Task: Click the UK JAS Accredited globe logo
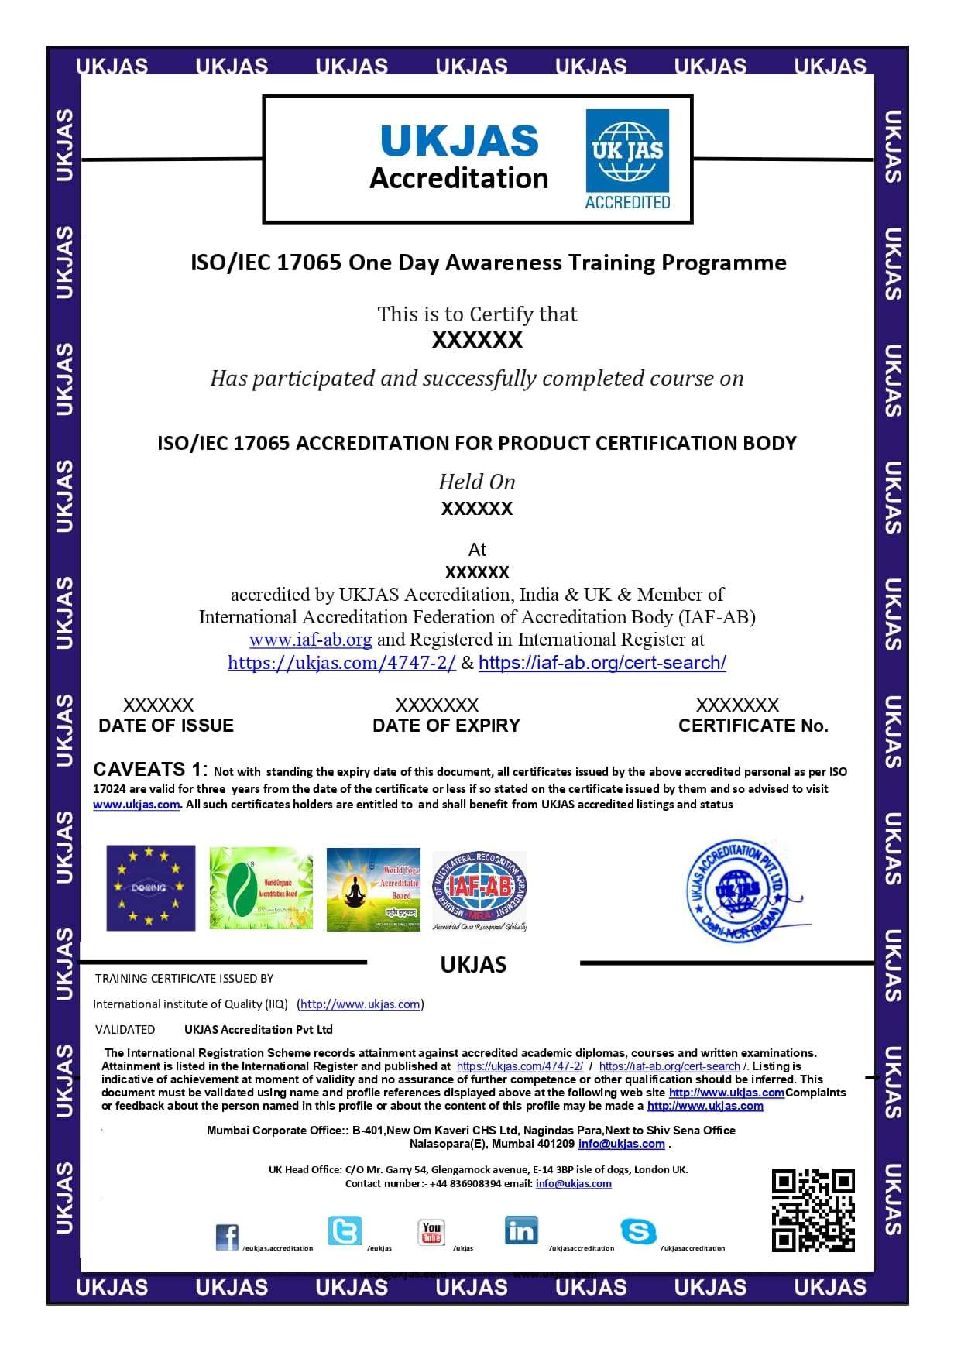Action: (627, 159)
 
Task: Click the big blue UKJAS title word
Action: (459, 141)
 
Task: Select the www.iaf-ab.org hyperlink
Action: (311, 640)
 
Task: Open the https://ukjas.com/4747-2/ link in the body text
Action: (341, 663)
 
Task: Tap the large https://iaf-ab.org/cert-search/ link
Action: (602, 663)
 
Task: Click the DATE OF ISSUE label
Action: (166, 726)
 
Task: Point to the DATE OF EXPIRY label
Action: (446, 726)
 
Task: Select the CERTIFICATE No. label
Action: (753, 726)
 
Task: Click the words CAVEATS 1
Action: (149, 769)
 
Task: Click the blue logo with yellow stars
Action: (150, 887)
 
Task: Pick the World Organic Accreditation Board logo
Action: (261, 888)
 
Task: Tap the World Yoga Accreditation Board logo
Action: (373, 888)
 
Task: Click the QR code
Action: (813, 1210)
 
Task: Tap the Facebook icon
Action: (227, 1237)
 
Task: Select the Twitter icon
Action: (344, 1230)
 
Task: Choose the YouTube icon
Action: (431, 1231)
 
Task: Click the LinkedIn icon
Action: (521, 1230)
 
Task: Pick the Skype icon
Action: (638, 1230)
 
